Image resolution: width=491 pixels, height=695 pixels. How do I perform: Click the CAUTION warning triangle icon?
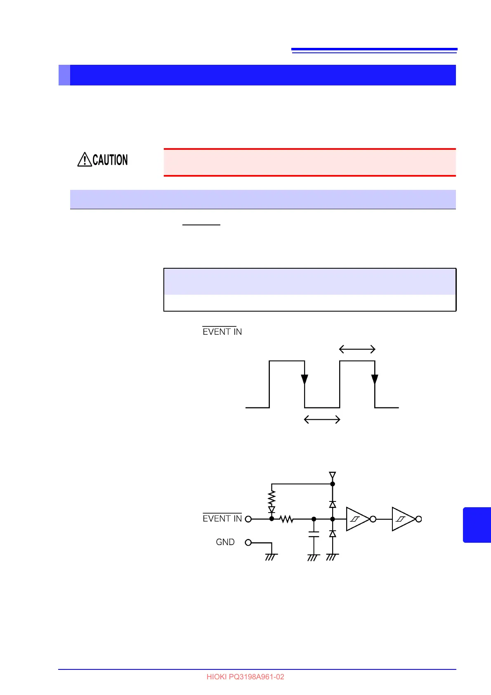click(85, 159)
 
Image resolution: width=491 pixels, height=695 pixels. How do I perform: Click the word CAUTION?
click(110, 160)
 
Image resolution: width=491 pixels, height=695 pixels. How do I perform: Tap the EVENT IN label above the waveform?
click(222, 331)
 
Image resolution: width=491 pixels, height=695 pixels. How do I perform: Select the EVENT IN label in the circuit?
click(222, 518)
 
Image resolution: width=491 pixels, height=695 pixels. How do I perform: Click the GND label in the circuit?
click(225, 542)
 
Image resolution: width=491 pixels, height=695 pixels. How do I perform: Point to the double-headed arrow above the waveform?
click(357, 350)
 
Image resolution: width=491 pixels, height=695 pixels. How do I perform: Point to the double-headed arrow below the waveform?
click(322, 420)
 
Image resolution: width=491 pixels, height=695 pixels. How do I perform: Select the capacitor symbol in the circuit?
click(314, 534)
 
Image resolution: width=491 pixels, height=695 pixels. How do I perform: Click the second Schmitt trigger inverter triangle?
click(403, 519)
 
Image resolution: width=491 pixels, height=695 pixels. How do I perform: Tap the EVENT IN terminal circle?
click(248, 519)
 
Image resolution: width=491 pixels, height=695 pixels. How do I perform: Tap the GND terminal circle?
click(248, 542)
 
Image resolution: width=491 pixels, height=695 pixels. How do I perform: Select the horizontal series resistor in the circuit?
click(287, 519)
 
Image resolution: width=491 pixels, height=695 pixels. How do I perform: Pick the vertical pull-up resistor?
click(271, 498)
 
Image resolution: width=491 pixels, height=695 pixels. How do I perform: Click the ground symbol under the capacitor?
click(314, 557)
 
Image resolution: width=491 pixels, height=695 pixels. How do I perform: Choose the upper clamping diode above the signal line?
click(333, 504)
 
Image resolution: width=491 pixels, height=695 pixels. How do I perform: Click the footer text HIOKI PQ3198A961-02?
click(245, 677)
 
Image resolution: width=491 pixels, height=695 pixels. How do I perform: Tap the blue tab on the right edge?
click(477, 525)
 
